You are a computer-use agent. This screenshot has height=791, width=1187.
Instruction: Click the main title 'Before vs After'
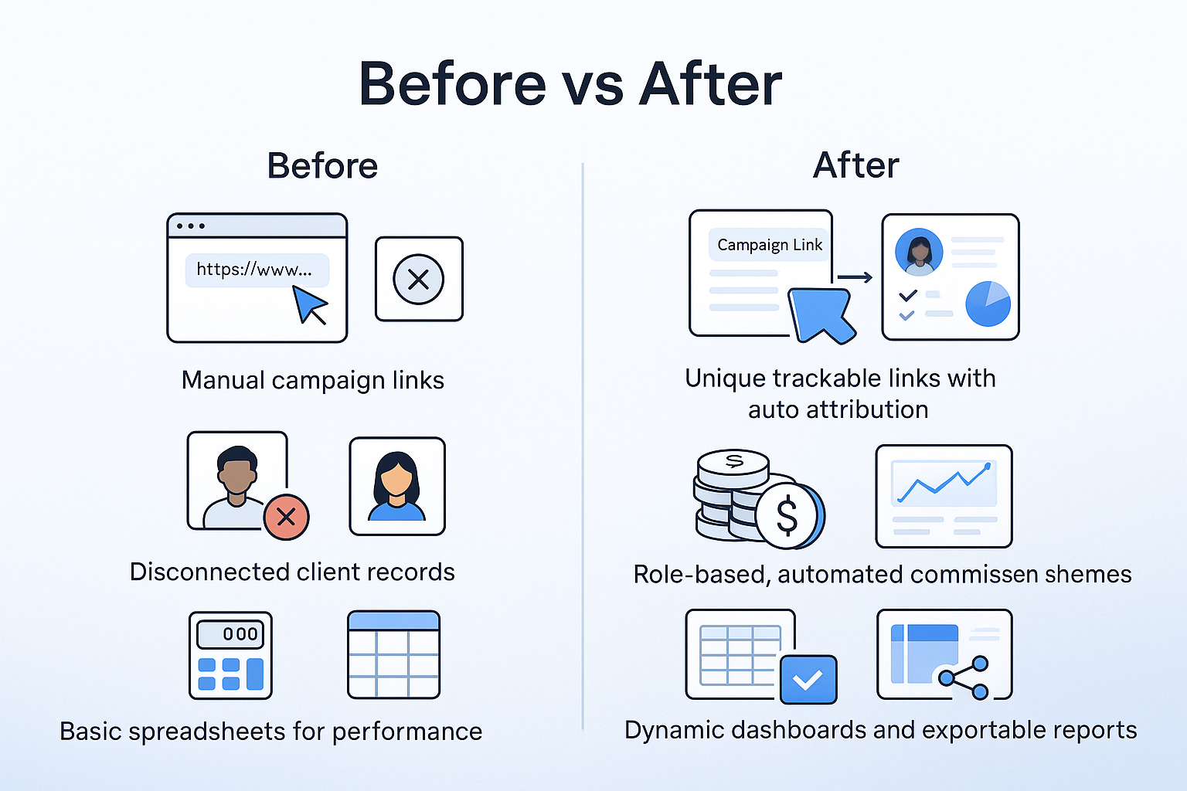pyautogui.click(x=570, y=83)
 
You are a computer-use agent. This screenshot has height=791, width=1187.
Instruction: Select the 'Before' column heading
pyautogui.click(x=322, y=166)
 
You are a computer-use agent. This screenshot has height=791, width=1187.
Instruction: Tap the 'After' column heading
pyautogui.click(x=855, y=165)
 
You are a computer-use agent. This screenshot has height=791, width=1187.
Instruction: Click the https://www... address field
pyautogui.click(x=257, y=270)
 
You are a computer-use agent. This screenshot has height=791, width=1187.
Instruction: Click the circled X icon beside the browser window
pyautogui.click(x=419, y=279)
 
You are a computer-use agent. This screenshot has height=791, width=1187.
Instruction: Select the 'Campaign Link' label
pyautogui.click(x=770, y=245)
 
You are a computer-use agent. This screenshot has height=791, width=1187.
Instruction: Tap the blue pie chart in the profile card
pyautogui.click(x=988, y=304)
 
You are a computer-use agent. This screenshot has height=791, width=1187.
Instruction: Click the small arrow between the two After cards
pyautogui.click(x=855, y=277)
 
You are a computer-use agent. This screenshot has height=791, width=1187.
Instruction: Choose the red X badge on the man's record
pyautogui.click(x=286, y=517)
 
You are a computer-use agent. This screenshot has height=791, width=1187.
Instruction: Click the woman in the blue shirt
pyautogui.click(x=396, y=487)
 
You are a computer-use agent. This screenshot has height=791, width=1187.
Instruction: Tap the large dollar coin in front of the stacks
pyautogui.click(x=787, y=515)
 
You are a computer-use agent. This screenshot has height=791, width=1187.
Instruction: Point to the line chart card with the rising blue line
pyautogui.click(x=944, y=497)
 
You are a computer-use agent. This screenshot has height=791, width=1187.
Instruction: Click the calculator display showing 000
pyautogui.click(x=230, y=634)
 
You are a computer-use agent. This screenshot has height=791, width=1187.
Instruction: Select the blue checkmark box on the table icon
pyautogui.click(x=808, y=679)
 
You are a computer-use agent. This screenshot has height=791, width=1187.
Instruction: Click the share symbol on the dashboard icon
pyautogui.click(x=964, y=677)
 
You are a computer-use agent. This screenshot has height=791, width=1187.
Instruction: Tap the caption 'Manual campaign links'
pyautogui.click(x=313, y=380)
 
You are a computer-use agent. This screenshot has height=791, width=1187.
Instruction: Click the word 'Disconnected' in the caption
pyautogui.click(x=210, y=572)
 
